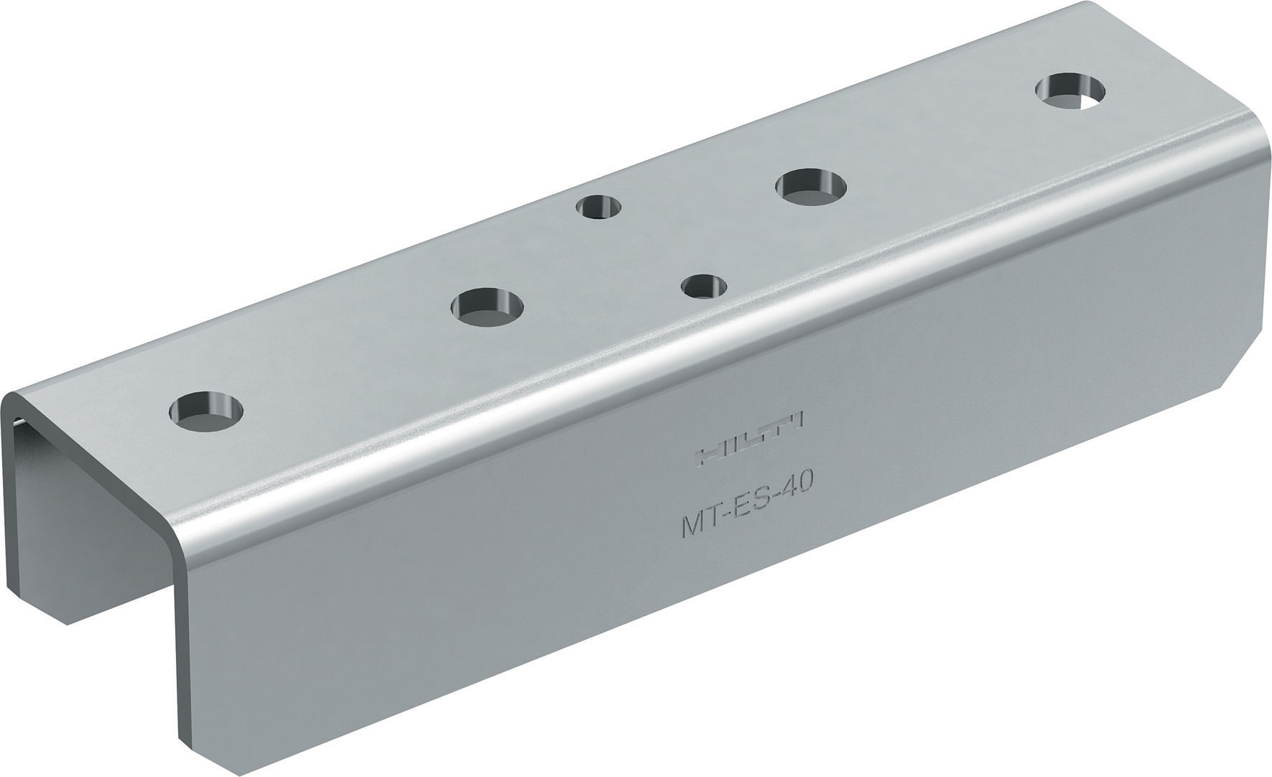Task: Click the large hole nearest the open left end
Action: click(x=206, y=411)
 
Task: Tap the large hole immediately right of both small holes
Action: click(x=811, y=185)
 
